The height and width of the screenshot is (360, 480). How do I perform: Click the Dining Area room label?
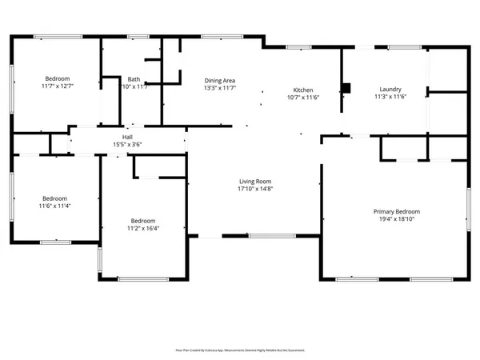click(x=219, y=81)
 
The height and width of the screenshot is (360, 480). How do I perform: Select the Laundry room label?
click(x=391, y=90)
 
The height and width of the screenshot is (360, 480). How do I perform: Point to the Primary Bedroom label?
click(x=397, y=211)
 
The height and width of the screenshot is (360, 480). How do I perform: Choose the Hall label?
click(x=127, y=137)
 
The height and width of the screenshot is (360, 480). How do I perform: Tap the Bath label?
click(x=134, y=79)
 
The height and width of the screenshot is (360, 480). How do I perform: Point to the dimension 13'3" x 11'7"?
click(x=219, y=88)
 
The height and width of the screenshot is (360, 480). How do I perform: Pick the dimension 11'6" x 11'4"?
click(x=55, y=206)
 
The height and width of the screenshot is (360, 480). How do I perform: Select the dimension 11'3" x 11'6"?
click(x=391, y=97)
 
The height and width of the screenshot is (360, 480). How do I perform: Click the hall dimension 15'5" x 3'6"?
click(x=127, y=144)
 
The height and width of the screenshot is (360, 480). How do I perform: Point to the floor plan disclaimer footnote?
click(x=240, y=350)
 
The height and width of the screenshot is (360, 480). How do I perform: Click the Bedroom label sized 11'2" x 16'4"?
click(x=143, y=221)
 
